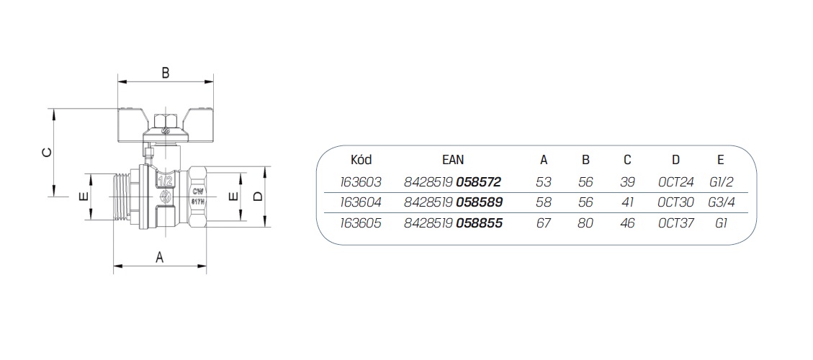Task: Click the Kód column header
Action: coord(361,160)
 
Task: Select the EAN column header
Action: coord(453,160)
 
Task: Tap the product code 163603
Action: coord(361,182)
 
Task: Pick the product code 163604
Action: coord(361,202)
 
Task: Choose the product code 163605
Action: coord(361,223)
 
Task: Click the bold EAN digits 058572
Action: coord(479,182)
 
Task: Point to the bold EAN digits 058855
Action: coord(479,223)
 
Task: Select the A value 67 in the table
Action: coord(544,223)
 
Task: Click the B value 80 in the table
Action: coord(585,223)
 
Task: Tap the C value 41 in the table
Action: coord(627,202)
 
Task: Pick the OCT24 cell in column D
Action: coord(675,182)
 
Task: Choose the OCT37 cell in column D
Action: coord(675,223)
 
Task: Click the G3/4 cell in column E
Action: coord(722,202)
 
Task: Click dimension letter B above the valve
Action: coord(165,73)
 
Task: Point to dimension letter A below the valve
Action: coord(160,257)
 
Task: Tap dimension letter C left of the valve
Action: coord(47,152)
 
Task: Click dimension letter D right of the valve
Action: coord(258,196)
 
